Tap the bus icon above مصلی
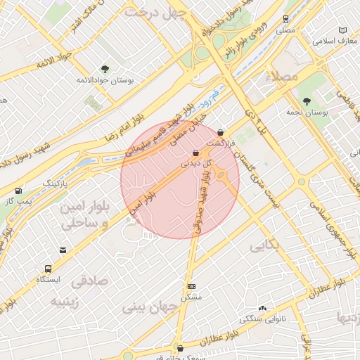click(285, 20)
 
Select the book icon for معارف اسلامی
click(342, 30)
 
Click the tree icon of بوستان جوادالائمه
click(105, 69)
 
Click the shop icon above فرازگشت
click(221, 131)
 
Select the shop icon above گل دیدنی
click(195, 153)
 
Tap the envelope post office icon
click(64, 250)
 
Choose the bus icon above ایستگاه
click(48, 269)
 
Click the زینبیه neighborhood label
click(67, 301)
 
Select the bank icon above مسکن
click(192, 287)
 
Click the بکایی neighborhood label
click(264, 247)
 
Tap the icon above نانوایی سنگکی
click(262, 308)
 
